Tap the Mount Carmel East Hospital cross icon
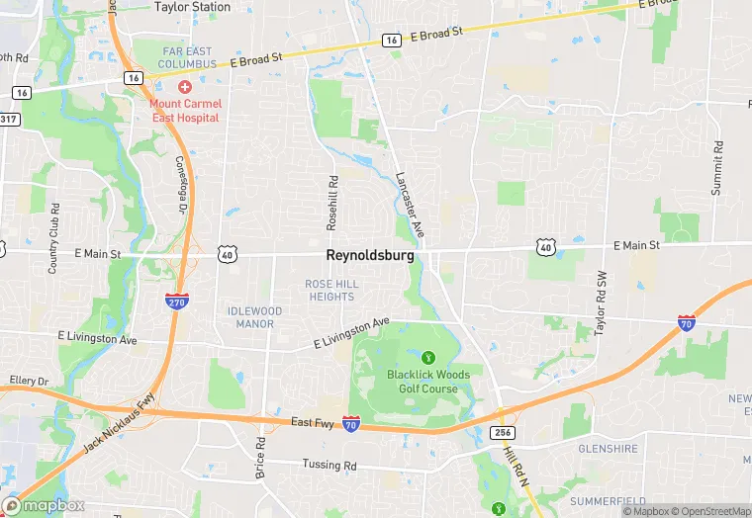pyautogui.click(x=185, y=88)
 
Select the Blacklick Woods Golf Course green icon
pyautogui.click(x=428, y=356)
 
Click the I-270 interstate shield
pyautogui.click(x=176, y=302)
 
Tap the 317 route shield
pyautogui.click(x=8, y=119)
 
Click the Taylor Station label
pyautogui.click(x=192, y=7)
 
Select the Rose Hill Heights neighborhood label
pyautogui.click(x=331, y=291)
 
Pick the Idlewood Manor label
pyautogui.click(x=254, y=317)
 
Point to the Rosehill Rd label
pyautogui.click(x=332, y=204)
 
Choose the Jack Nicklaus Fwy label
pyautogui.click(x=120, y=424)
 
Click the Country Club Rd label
pyautogui.click(x=54, y=238)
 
